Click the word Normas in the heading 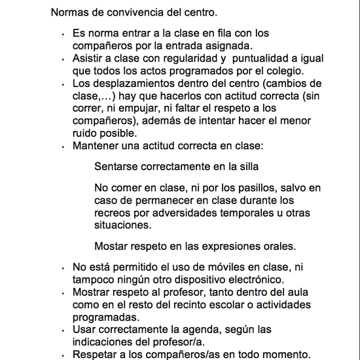(x=69, y=12)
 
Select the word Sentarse (x=115, y=166)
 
